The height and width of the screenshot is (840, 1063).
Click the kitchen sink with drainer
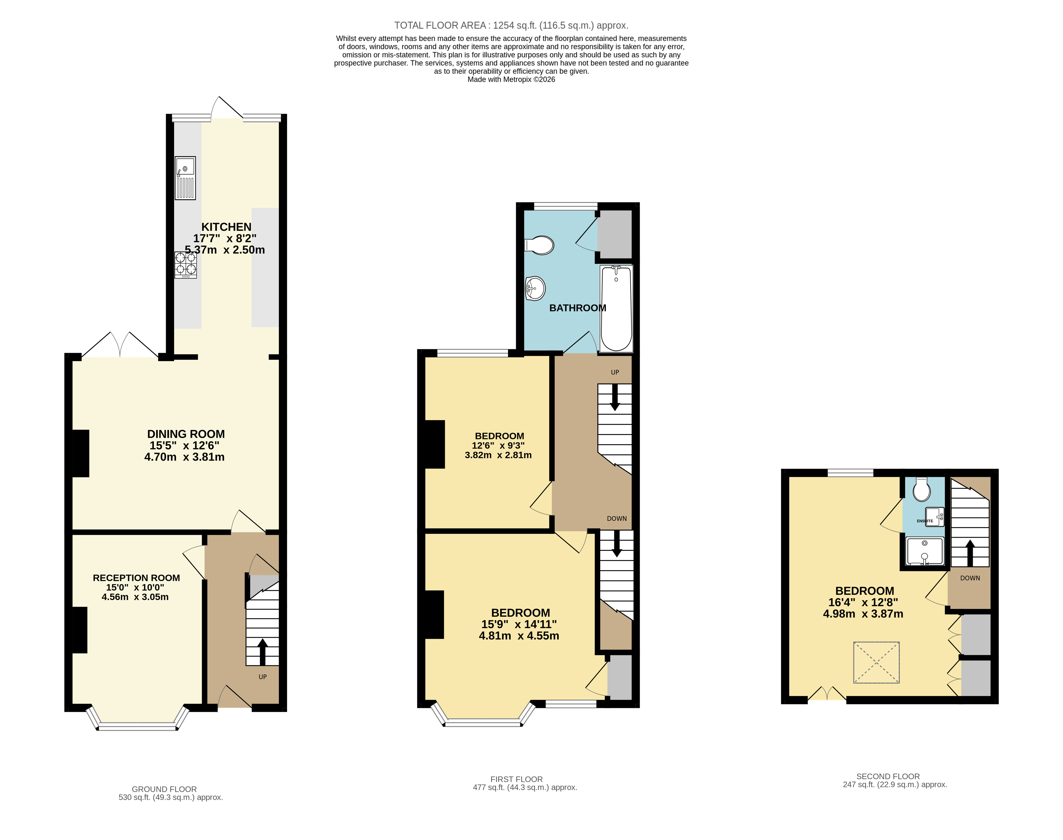pyautogui.click(x=185, y=178)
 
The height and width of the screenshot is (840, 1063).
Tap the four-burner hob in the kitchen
pyautogui.click(x=185, y=265)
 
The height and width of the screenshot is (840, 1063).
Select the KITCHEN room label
pyautogui.click(x=226, y=227)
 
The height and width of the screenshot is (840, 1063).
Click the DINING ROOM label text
pyautogui.click(x=186, y=434)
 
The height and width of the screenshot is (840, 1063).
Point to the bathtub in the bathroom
pyautogui.click(x=616, y=309)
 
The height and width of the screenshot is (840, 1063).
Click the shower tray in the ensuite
pyautogui.click(x=925, y=551)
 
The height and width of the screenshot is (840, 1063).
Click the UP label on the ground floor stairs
pyautogui.click(x=262, y=677)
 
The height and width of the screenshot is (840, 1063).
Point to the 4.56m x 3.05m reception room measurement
pyautogui.click(x=135, y=597)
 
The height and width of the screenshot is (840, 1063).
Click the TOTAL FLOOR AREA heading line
pyautogui.click(x=511, y=26)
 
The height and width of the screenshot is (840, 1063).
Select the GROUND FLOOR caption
pyautogui.click(x=164, y=789)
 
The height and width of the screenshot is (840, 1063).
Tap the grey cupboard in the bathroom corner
pyautogui.click(x=614, y=235)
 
